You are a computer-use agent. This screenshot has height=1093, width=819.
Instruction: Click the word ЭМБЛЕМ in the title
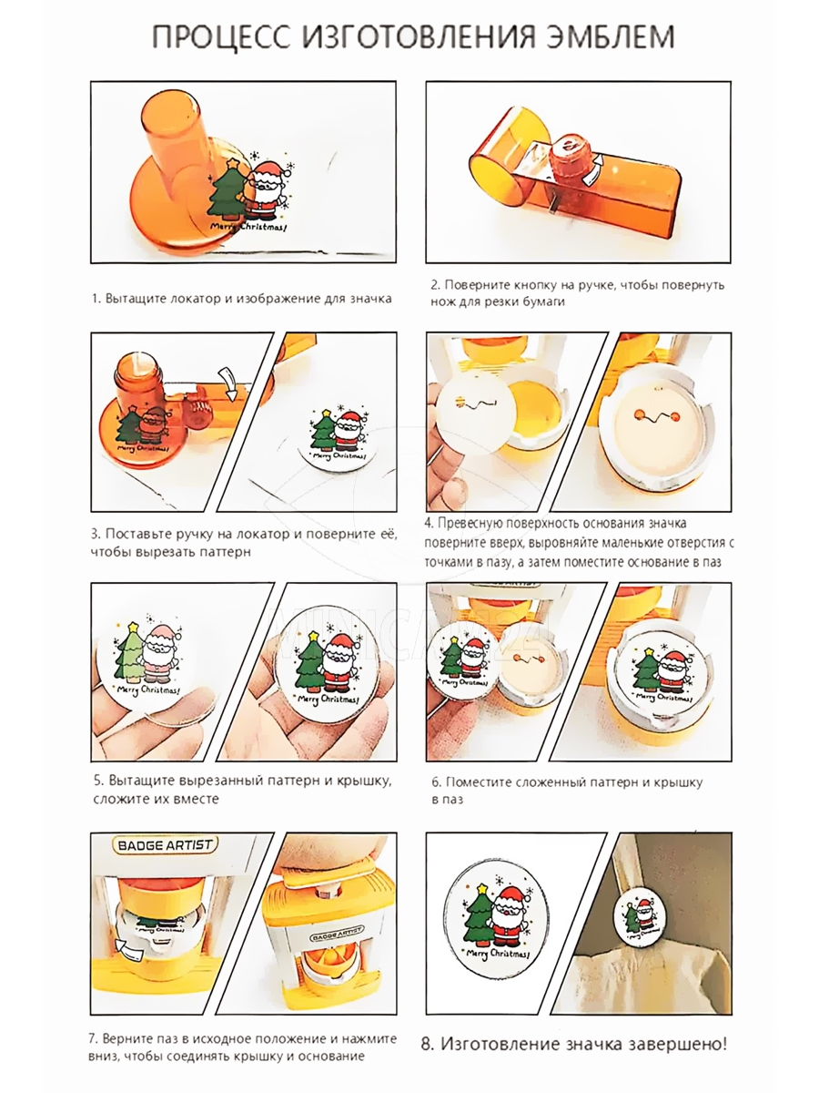610,36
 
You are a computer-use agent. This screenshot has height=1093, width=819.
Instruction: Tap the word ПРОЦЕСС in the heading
221,37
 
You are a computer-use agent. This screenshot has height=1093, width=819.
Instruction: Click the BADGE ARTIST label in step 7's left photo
165,845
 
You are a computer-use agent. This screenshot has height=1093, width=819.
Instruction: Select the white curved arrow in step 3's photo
228,384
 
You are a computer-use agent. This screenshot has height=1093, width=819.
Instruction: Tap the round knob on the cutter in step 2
571,155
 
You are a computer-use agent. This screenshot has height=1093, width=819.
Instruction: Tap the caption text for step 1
242,300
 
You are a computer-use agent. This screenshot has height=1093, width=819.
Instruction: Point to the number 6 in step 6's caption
435,782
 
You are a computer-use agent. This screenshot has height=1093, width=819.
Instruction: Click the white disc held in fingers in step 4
476,414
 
